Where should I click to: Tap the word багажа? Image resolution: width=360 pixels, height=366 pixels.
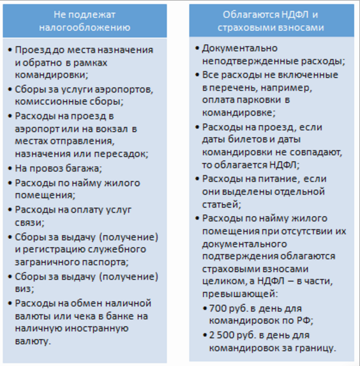click(83, 169)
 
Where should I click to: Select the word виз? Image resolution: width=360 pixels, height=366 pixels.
click(27, 289)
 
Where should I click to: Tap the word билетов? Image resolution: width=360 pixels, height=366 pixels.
click(244, 140)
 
